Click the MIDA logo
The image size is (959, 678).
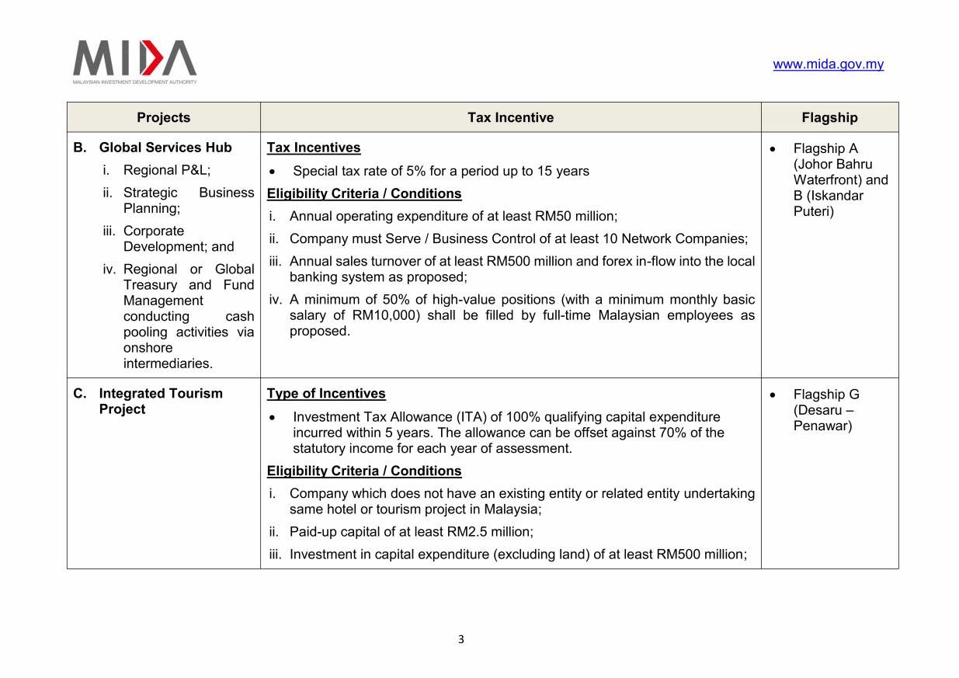[134, 61]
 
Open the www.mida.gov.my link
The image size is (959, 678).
[828, 64]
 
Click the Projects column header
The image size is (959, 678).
[163, 117]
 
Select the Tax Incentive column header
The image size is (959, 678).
[510, 117]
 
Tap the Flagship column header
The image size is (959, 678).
[829, 117]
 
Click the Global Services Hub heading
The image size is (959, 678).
[165, 148]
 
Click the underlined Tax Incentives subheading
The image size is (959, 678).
[313, 148]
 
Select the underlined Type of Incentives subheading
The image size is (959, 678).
[325, 394]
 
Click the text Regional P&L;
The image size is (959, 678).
[166, 170]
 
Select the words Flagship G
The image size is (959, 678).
[825, 395]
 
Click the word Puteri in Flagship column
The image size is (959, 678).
[813, 211]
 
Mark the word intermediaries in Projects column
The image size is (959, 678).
[168, 363]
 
